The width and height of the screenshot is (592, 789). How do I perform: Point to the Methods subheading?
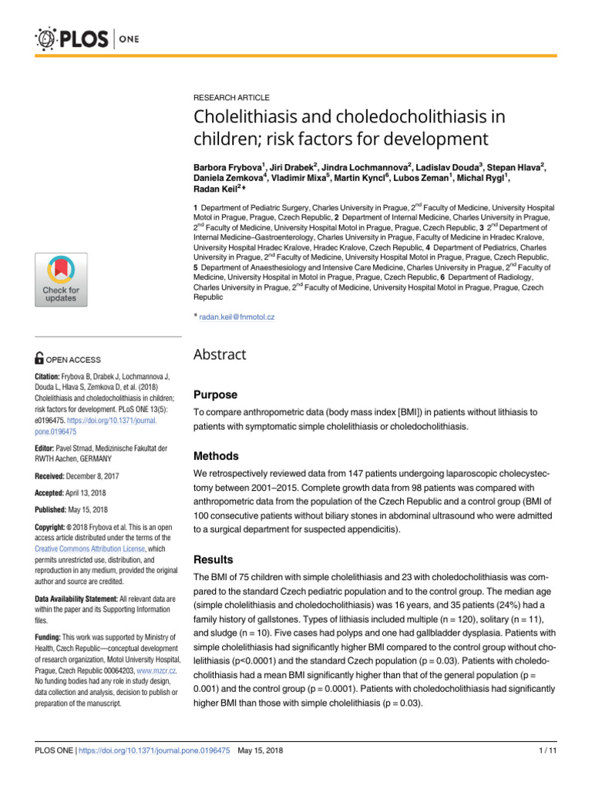pos(217,456)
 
